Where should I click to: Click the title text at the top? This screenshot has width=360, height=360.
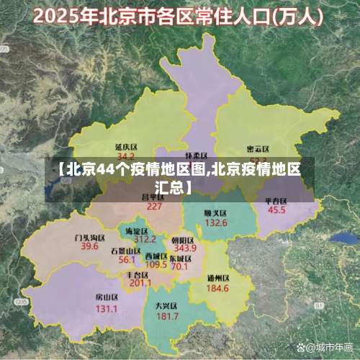coord(180,16)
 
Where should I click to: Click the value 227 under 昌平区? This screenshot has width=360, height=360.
coord(154,206)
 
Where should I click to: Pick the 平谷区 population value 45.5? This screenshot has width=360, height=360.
coord(276,211)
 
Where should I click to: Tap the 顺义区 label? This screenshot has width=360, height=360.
coord(216,213)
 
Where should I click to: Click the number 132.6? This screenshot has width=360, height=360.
coord(216,223)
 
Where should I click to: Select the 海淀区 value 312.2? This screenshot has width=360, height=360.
coord(145,239)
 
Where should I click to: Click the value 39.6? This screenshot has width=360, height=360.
coord(89,246)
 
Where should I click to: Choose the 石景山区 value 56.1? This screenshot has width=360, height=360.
coord(127,259)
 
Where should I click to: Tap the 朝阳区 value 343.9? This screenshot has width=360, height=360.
coord(185,248)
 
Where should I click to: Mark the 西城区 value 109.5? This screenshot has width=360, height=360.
coord(156,265)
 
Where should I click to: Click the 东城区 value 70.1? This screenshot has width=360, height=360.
coord(179,266)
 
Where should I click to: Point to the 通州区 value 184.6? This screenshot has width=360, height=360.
coord(217,288)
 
